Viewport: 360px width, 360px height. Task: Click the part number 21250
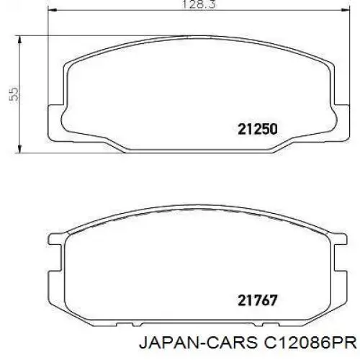tap(258, 129)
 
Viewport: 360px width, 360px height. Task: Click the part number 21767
tap(258, 300)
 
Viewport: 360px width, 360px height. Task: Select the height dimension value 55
tap(14, 95)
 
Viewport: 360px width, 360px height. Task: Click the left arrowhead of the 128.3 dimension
tap(53, 10)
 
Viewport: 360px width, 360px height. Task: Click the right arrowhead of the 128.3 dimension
tap(345, 10)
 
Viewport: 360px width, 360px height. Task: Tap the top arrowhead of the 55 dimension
tap(19, 40)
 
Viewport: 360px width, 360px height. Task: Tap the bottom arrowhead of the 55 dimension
tap(19, 148)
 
